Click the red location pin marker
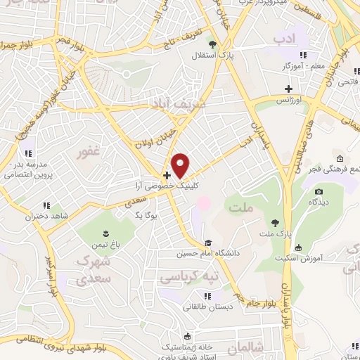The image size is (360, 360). (181, 165)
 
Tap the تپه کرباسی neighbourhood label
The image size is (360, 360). (191, 276)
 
